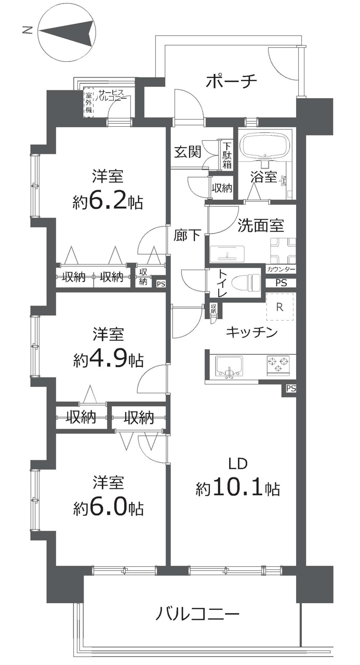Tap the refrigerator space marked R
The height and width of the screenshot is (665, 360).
280,307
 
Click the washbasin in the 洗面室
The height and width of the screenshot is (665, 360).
227,254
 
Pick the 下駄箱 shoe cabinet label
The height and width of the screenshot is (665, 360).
227,155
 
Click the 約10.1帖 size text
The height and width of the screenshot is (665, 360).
237,489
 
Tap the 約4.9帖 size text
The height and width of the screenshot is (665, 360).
108,361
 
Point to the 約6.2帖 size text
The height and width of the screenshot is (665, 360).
108,202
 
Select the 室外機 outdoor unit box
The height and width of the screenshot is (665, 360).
88,102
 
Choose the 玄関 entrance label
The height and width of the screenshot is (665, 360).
188,152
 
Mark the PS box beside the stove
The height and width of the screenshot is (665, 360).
291,388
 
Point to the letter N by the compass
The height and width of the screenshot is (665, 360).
28,30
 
